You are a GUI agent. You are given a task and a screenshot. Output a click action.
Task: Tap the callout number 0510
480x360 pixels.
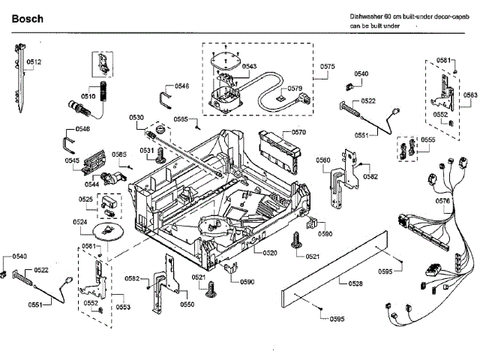pyautogui.click(x=88, y=96)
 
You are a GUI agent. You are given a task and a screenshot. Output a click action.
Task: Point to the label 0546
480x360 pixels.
pyautogui.click(x=181, y=87)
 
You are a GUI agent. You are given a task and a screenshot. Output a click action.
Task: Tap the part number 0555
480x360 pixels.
pyautogui.click(x=428, y=140)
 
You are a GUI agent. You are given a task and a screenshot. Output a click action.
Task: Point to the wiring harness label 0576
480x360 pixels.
pyautogui.click(x=443, y=201)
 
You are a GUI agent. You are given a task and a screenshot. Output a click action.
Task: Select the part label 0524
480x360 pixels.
pyautogui.click(x=80, y=222)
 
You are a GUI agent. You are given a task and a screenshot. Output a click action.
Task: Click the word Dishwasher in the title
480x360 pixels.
pyautogui.click(x=368, y=16)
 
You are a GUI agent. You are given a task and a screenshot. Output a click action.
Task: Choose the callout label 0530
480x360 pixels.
pyautogui.click(x=136, y=117)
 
